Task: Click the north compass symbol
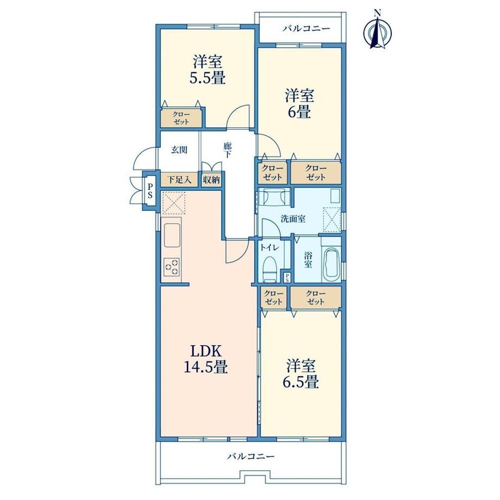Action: [378, 32]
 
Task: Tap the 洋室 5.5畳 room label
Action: [208, 70]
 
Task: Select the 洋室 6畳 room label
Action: [299, 104]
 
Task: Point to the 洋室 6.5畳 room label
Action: [301, 373]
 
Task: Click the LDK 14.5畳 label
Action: [205, 359]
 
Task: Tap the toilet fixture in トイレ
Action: [270, 270]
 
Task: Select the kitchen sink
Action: [172, 235]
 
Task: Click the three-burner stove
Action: [172, 267]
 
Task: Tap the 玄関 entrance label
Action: [179, 150]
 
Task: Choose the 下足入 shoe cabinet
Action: [179, 180]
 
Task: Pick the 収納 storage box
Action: [211, 180]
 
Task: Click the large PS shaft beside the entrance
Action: [149, 190]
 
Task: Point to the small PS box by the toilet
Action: [287, 277]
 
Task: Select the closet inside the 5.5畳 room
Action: [182, 118]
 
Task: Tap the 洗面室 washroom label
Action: [293, 219]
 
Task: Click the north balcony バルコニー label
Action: [306, 29]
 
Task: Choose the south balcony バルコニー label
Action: [251, 457]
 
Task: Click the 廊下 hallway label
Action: [227, 151]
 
